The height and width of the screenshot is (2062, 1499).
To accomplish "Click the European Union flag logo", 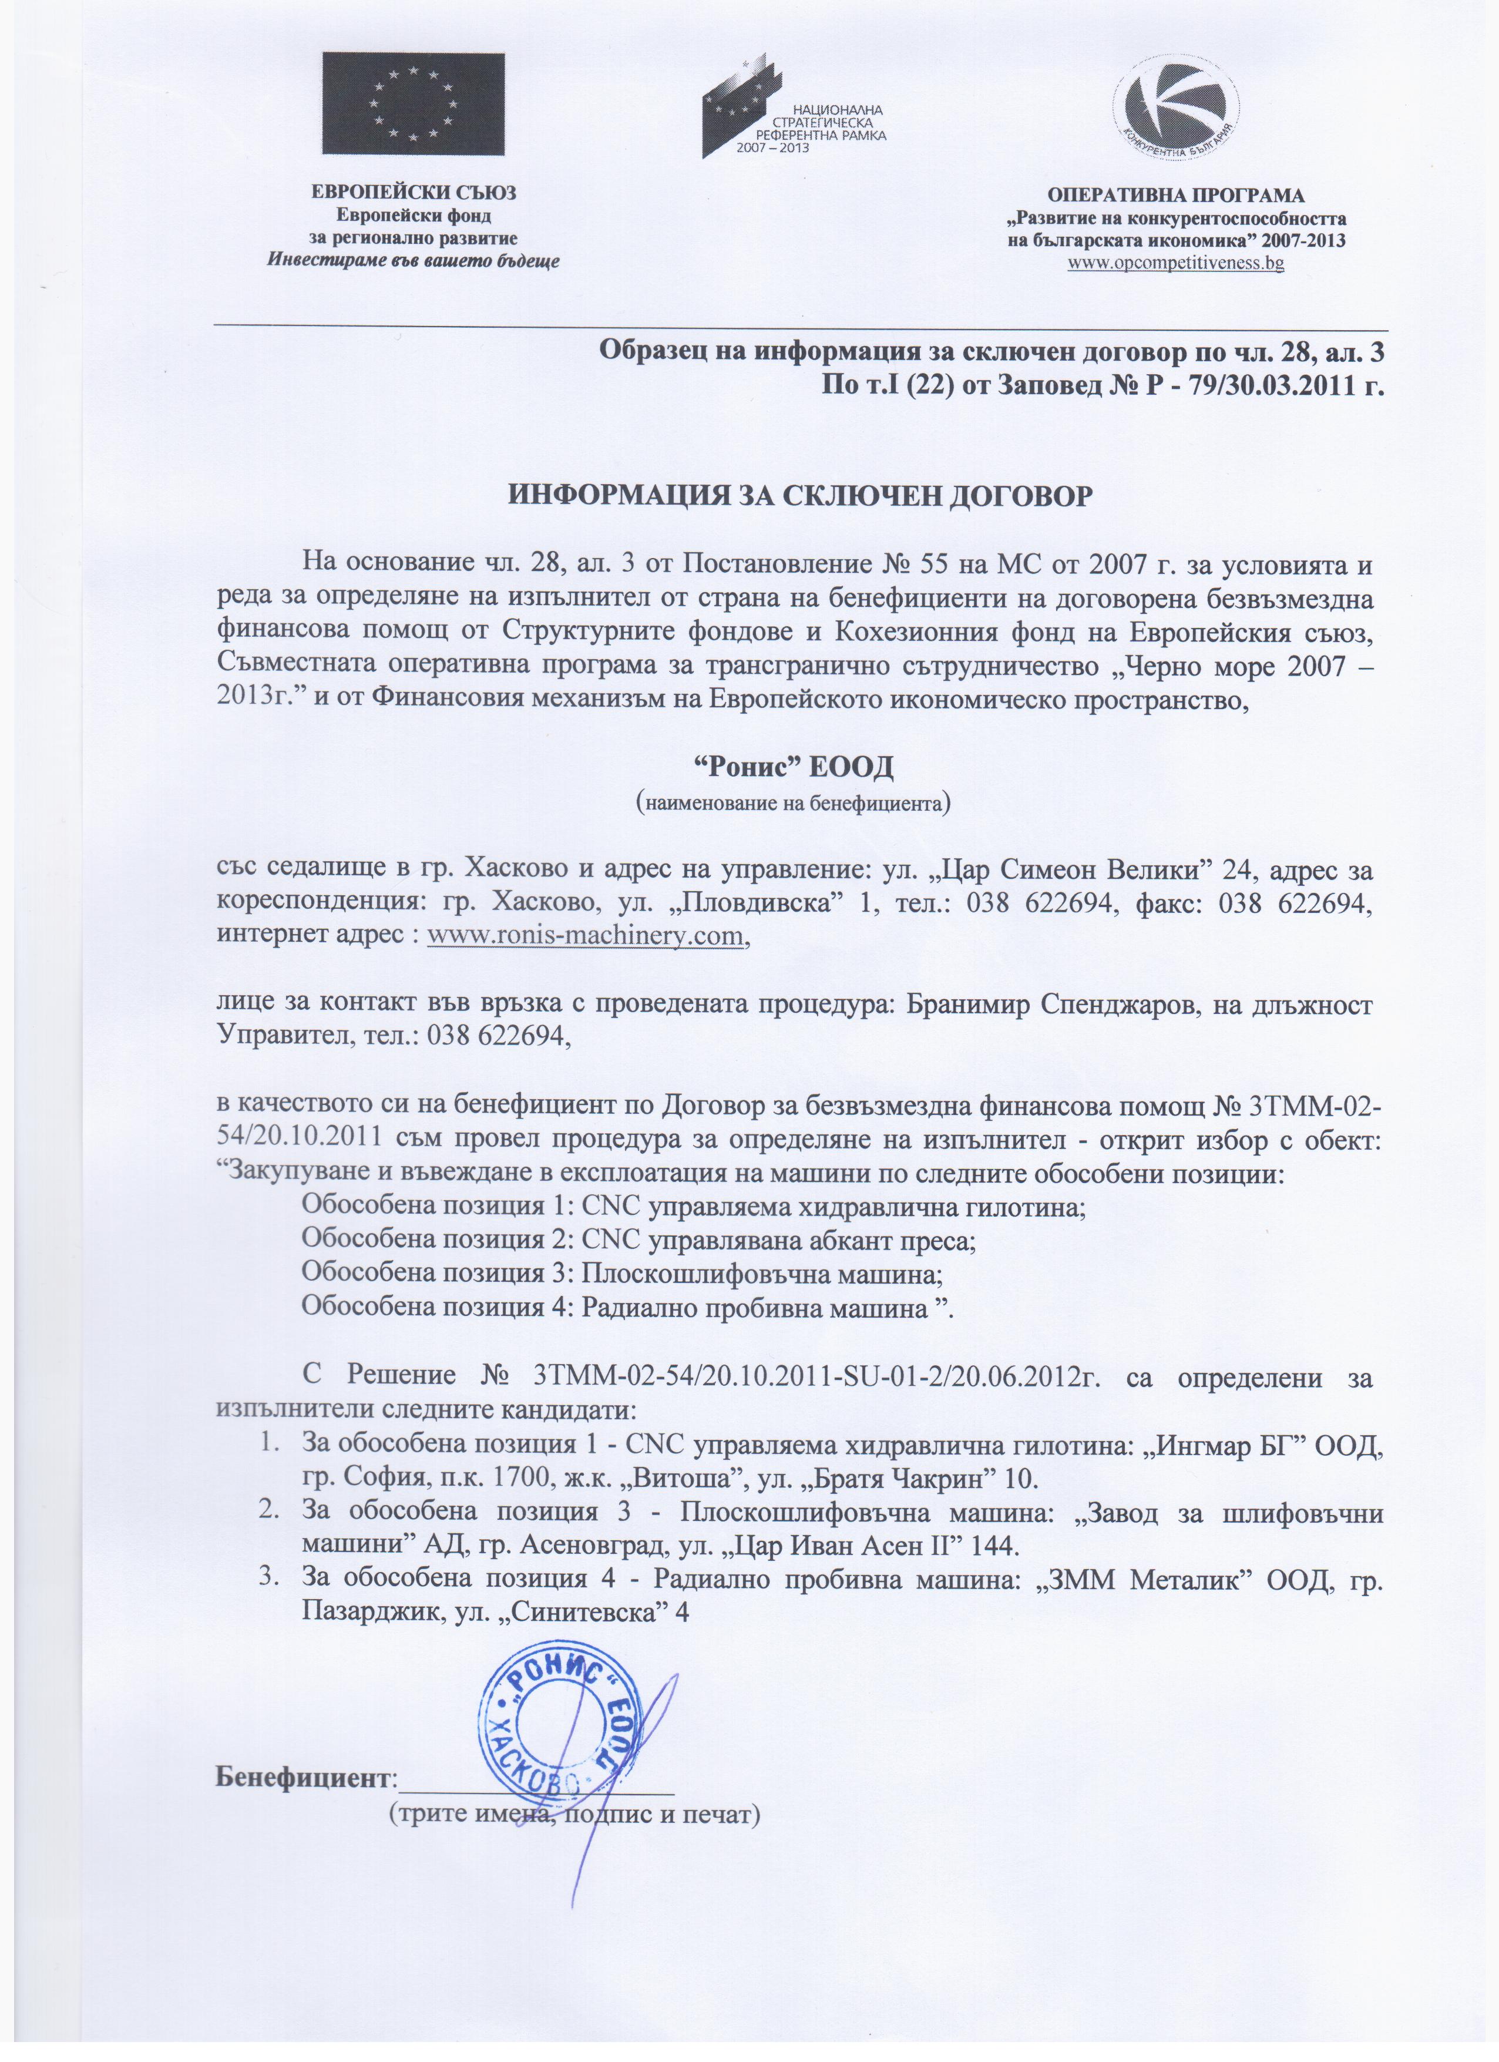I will (413, 103).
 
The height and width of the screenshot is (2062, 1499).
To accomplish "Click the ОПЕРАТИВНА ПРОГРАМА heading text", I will (1177, 196).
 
